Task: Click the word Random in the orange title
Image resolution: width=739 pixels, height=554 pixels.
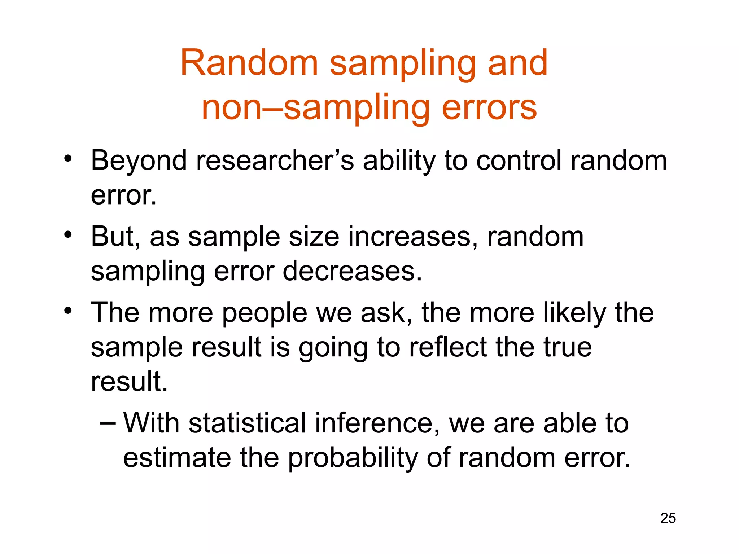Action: [x=249, y=63]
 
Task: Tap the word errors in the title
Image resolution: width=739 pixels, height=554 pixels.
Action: [x=489, y=107]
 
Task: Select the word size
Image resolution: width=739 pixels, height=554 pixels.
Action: [x=314, y=237]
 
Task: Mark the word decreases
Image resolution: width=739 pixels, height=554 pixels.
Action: [x=352, y=271]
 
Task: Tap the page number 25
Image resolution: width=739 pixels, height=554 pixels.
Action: [x=668, y=518]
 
